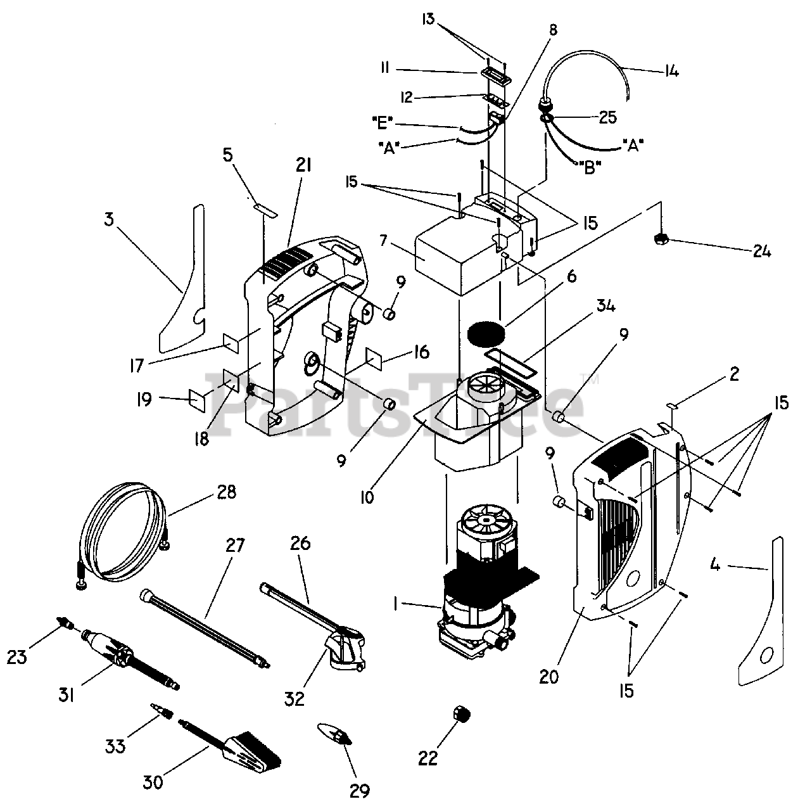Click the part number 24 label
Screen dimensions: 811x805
coord(762,252)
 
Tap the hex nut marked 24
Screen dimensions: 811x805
coord(661,239)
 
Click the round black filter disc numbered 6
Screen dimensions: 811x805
coord(487,332)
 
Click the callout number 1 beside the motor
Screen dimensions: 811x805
coord(395,605)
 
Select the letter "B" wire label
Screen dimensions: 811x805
coord(590,169)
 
